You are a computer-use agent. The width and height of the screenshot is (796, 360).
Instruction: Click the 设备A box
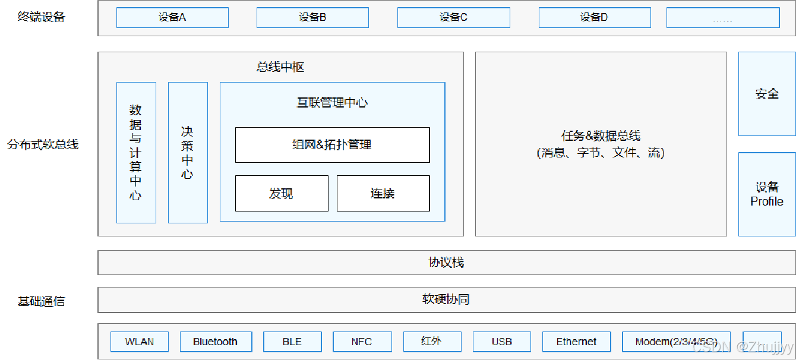(x=172, y=18)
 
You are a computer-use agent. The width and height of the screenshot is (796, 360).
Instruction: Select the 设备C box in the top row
(x=453, y=18)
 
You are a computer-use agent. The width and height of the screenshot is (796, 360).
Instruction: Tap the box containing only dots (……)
(x=722, y=18)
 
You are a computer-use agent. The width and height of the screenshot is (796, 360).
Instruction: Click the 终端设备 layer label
(x=41, y=17)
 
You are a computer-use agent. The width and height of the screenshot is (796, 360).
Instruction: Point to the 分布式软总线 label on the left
(x=43, y=144)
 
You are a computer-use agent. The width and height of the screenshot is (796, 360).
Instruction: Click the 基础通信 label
(x=41, y=302)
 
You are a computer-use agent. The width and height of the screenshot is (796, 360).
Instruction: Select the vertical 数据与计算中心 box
(x=136, y=152)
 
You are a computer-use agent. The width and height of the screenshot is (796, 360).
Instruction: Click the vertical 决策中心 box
(x=188, y=152)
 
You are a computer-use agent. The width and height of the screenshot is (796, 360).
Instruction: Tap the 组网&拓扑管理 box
(x=332, y=144)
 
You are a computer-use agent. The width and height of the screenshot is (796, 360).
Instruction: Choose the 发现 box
(x=282, y=193)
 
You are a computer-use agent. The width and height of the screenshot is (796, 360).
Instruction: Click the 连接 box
(x=383, y=193)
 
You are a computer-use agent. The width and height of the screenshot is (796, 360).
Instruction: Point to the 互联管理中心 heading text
(x=332, y=103)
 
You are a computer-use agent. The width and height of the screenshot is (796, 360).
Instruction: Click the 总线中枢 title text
(x=280, y=67)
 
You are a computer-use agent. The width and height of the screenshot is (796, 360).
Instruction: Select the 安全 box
(x=766, y=94)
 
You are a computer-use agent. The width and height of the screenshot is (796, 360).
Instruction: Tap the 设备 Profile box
(x=766, y=194)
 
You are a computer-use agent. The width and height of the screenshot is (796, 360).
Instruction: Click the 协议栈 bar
(x=446, y=263)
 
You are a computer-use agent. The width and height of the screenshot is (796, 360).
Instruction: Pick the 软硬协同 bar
(x=446, y=299)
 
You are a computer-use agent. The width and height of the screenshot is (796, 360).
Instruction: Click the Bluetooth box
(x=216, y=342)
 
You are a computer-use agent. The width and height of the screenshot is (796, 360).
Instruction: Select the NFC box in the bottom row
(x=362, y=342)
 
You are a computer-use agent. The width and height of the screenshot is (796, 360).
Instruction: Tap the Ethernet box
(x=576, y=342)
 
